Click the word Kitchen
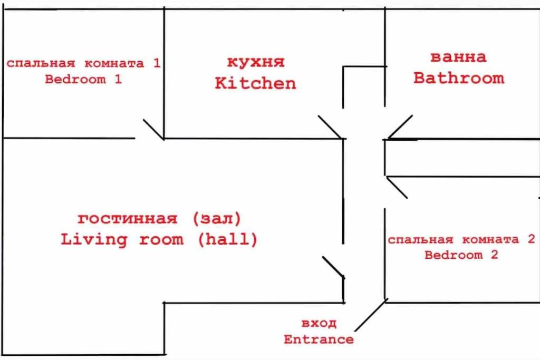pyautogui.click(x=255, y=83)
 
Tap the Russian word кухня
pyautogui.click(x=256, y=62)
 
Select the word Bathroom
pyautogui.click(x=459, y=78)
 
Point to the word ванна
pyautogui.click(x=458, y=57)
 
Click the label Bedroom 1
pyautogui.click(x=83, y=79)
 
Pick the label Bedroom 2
pyautogui.click(x=461, y=255)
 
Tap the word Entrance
pyautogui.click(x=319, y=339)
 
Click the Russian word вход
pyautogui.click(x=319, y=323)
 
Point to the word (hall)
pyautogui.click(x=228, y=239)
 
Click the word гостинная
pyautogui.click(x=127, y=219)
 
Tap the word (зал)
pyautogui.click(x=217, y=219)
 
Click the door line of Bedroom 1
pyautogui.click(x=153, y=130)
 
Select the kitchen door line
pyautogui.click(x=330, y=127)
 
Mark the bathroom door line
pyautogui.click(x=400, y=127)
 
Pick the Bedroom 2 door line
pyautogui.click(x=397, y=188)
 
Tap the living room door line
pyautogui.click(x=333, y=267)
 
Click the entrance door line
pyautogui.click(x=370, y=316)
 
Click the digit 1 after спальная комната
pyautogui.click(x=157, y=63)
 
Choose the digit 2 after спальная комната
pyautogui.click(x=532, y=239)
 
